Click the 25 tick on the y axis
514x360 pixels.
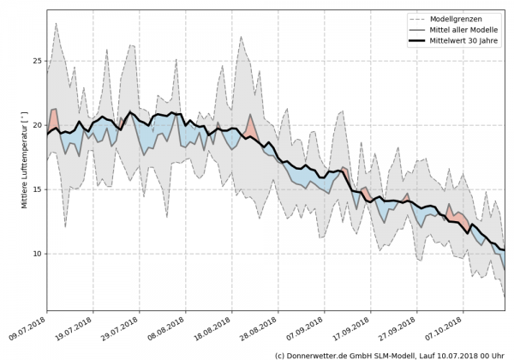37,61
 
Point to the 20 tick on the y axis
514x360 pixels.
37,125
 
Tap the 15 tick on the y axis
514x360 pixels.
37,189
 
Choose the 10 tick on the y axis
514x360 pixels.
37,254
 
